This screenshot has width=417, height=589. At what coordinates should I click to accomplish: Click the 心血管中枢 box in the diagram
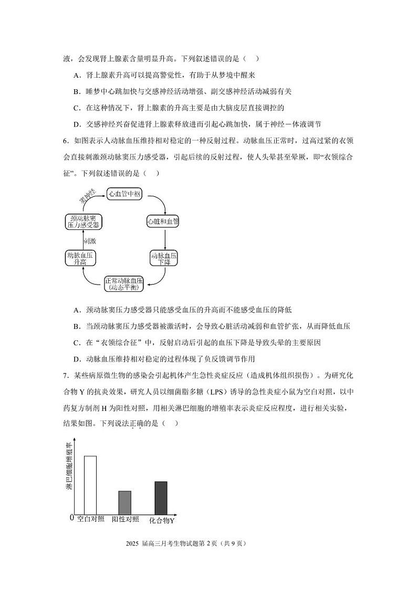click(x=124, y=194)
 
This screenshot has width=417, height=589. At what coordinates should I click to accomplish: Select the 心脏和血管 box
click(x=163, y=222)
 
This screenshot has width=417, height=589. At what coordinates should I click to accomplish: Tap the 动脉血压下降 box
click(x=165, y=258)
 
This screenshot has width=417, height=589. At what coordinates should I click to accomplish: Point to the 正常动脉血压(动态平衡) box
click(x=124, y=283)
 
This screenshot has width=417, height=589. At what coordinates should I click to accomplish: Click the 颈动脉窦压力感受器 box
click(x=84, y=222)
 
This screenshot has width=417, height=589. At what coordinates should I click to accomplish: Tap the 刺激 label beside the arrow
click(x=90, y=241)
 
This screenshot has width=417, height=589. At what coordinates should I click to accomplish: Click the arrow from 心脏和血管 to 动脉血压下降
click(x=165, y=239)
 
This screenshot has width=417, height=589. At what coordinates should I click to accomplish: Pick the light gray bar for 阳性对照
click(x=124, y=502)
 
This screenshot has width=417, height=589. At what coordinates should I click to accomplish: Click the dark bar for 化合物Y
click(x=161, y=498)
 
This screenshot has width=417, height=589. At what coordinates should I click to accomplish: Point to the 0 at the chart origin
click(x=72, y=519)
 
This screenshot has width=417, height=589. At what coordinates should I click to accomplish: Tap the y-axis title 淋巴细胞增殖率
click(x=69, y=467)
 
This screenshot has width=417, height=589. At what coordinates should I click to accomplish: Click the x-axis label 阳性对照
click(x=126, y=519)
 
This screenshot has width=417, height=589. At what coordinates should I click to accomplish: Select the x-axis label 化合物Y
click(x=162, y=520)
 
